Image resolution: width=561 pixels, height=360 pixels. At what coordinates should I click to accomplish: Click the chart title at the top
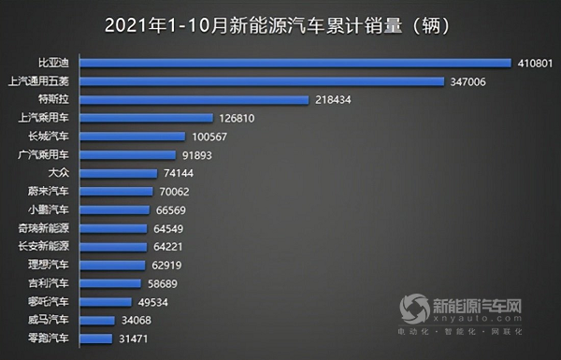point(280,22)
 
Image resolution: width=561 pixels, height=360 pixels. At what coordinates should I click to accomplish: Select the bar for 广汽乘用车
point(128,155)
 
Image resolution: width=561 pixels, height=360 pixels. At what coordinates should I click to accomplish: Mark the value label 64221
point(172,247)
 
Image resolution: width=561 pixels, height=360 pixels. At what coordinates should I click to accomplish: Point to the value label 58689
point(165,283)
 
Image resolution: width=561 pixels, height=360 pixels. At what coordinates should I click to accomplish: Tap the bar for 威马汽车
point(98,320)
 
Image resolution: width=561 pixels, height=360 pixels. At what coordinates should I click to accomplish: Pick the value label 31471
point(135,338)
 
